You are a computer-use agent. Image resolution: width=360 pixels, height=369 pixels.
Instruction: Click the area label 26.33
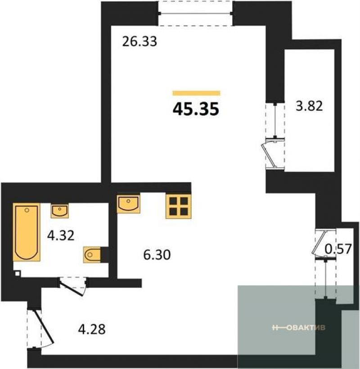click(139, 41)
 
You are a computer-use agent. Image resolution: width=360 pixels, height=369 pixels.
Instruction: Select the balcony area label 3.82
click(309, 106)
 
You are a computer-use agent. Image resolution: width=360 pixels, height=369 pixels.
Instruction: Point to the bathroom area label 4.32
click(61, 235)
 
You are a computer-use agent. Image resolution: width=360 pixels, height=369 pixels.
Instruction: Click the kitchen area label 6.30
click(157, 255)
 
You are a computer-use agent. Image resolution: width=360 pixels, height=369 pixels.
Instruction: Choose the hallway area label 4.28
click(92, 329)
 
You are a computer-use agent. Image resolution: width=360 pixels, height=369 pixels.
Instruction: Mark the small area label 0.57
click(338, 249)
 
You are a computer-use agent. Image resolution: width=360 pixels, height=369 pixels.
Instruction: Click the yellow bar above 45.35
click(197, 93)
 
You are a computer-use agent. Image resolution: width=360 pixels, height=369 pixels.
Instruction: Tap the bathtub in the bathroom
click(27, 232)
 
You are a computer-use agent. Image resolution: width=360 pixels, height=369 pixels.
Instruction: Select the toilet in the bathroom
click(92, 255)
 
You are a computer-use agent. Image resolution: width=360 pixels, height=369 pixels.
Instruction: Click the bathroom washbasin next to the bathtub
click(60, 211)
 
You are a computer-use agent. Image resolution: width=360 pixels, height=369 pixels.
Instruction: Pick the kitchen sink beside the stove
click(128, 204)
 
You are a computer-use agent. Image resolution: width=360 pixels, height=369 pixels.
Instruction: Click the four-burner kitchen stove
click(178, 206)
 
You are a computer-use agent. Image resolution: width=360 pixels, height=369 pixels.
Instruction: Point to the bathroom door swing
click(73, 286)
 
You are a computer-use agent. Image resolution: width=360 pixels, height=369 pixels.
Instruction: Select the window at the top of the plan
click(196, 14)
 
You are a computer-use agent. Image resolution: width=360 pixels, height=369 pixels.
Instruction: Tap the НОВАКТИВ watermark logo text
click(299, 328)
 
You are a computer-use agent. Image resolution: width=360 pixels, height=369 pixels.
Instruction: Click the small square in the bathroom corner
click(18, 273)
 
